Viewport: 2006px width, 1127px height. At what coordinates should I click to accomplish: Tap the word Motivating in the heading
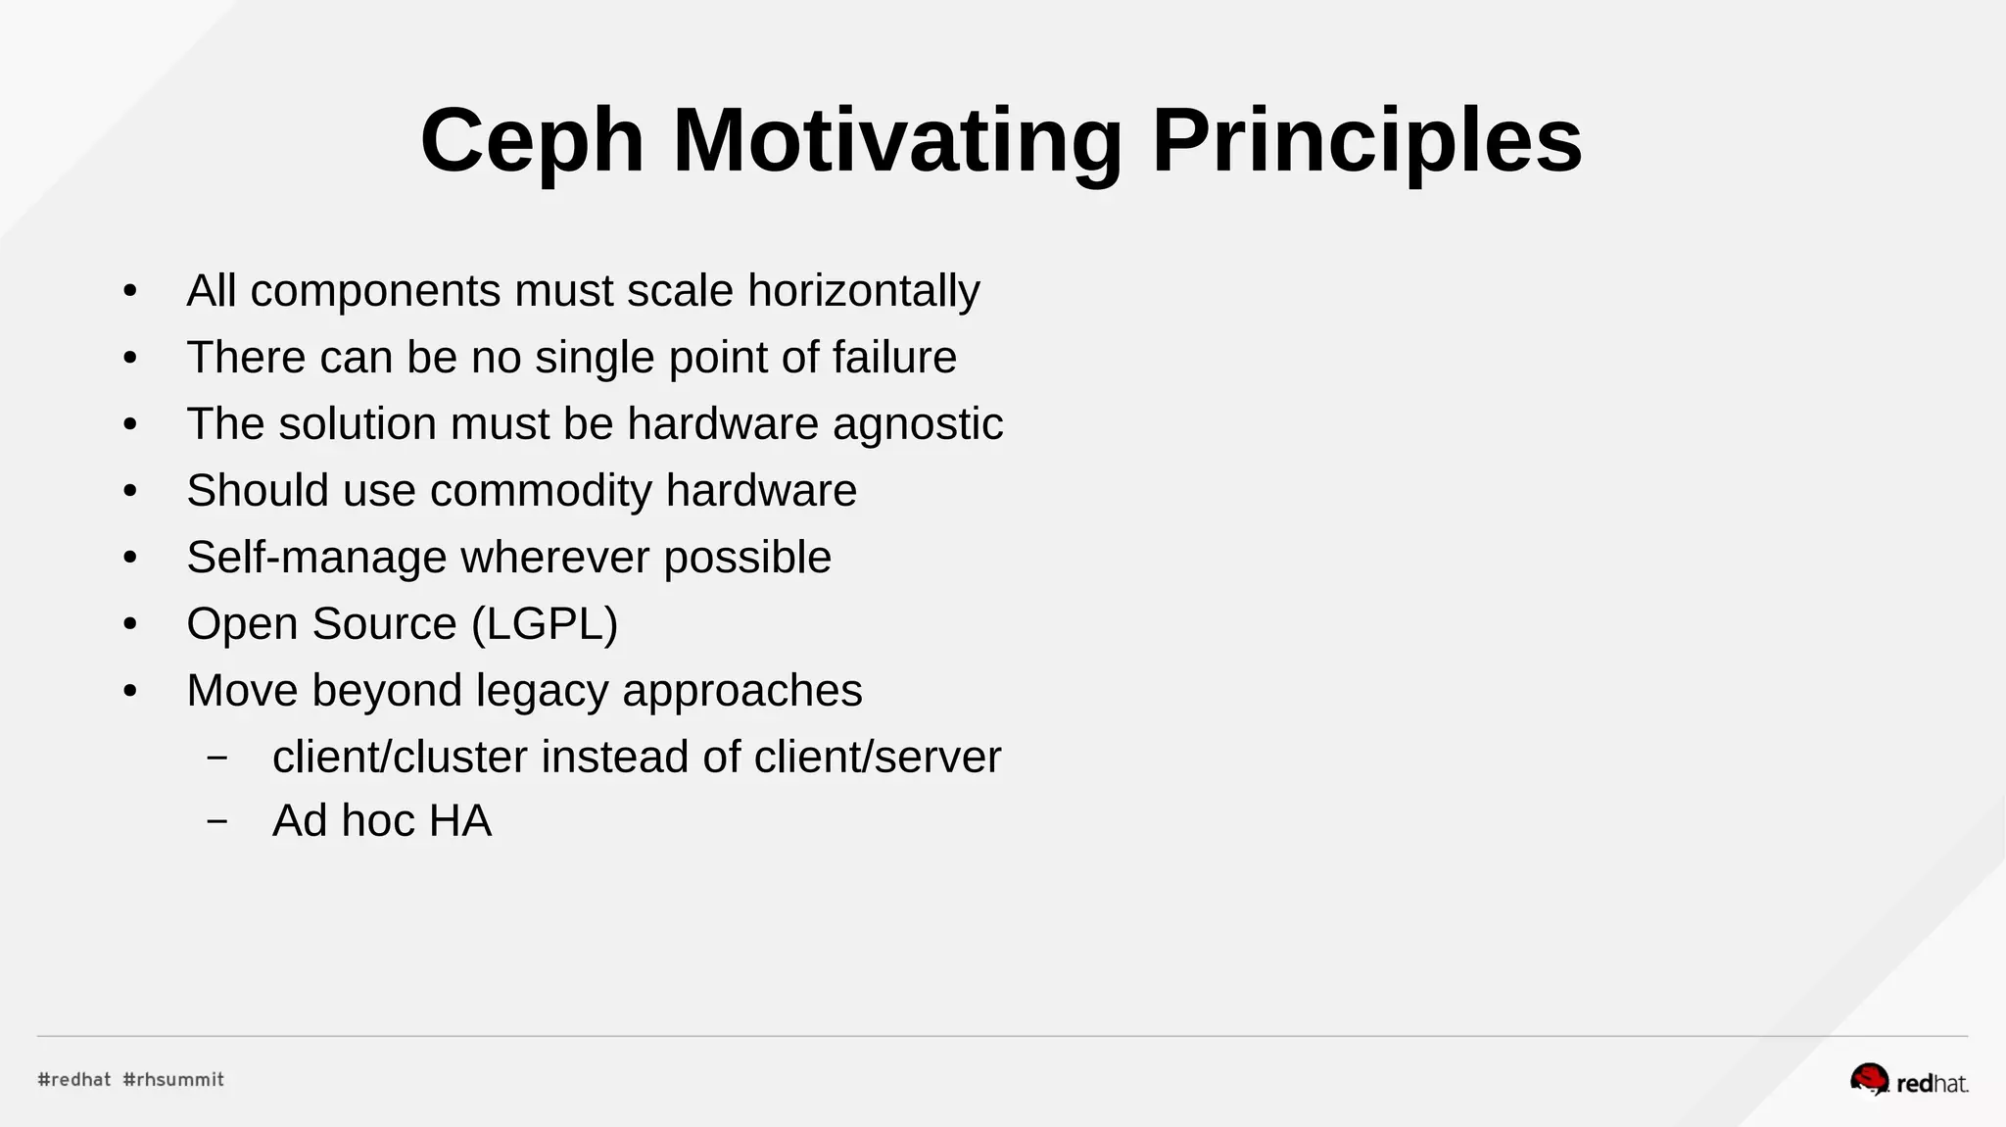[x=897, y=141]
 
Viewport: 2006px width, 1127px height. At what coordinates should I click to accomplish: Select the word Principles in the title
[x=1366, y=141]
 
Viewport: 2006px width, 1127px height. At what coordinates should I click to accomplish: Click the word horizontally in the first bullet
[x=863, y=291]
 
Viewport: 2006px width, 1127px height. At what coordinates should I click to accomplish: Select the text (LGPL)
[x=545, y=624]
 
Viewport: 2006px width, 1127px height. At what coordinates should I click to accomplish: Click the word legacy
[x=543, y=691]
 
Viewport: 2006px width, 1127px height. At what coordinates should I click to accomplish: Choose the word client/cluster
[x=400, y=758]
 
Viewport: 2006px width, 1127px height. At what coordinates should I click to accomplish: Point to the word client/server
[x=878, y=758]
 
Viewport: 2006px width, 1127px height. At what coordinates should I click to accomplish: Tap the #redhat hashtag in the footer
[x=74, y=1080]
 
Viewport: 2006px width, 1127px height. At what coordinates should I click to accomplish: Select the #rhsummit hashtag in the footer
[x=173, y=1080]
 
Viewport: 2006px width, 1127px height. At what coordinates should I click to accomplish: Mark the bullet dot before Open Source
[x=130, y=624]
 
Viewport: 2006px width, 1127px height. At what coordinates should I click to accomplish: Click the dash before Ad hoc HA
[x=217, y=821]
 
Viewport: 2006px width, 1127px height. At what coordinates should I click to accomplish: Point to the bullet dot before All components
[x=130, y=291]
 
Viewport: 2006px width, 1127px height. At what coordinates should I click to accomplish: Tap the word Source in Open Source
[x=384, y=624]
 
